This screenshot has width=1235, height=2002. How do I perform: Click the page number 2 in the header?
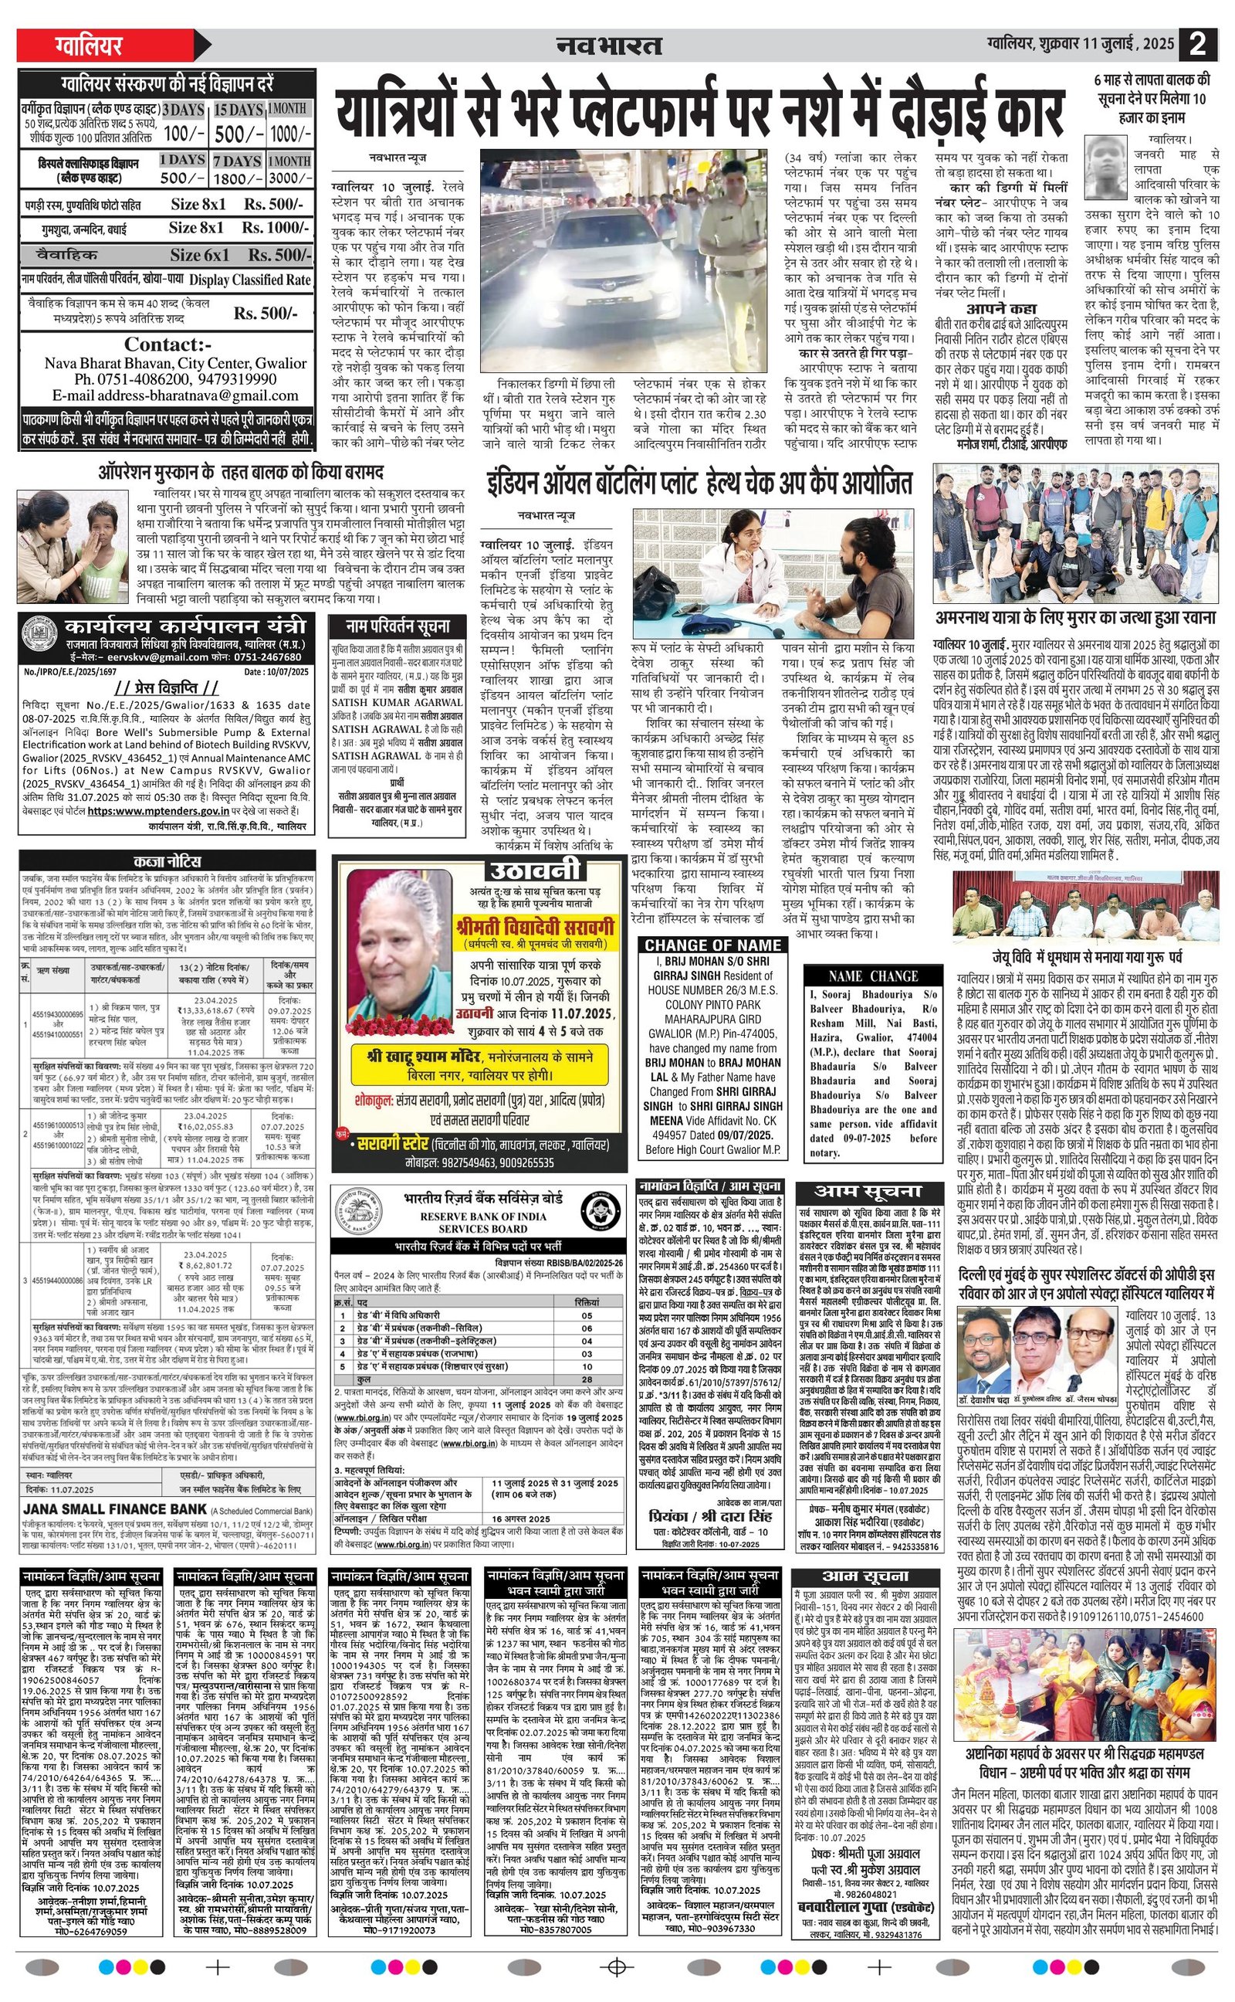tap(1197, 44)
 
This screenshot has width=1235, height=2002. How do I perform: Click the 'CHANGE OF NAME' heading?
tap(713, 945)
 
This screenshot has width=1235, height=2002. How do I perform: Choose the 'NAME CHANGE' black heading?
tap(873, 976)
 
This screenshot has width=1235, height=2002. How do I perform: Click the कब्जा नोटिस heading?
tap(167, 862)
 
